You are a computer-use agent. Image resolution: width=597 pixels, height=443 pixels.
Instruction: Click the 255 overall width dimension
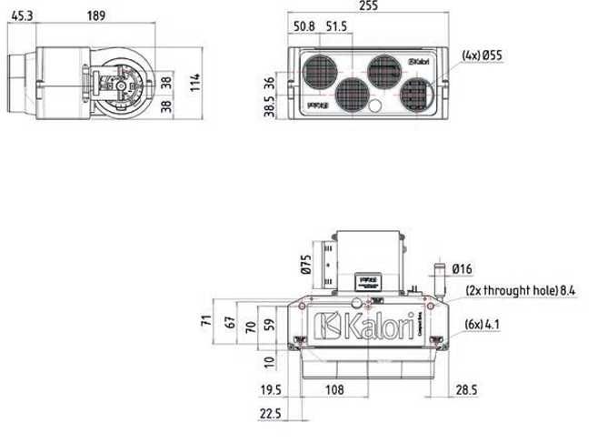tap(368, 7)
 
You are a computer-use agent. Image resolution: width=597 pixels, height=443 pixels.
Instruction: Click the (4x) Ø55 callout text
tap(482, 55)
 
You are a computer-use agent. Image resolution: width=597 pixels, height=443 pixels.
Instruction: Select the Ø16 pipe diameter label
tap(462, 268)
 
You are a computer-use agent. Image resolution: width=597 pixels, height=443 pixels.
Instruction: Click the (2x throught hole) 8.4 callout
tap(522, 290)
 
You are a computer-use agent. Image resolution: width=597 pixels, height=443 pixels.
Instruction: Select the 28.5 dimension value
tap(466, 389)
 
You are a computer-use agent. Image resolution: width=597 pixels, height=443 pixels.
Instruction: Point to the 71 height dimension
tap(206, 320)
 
